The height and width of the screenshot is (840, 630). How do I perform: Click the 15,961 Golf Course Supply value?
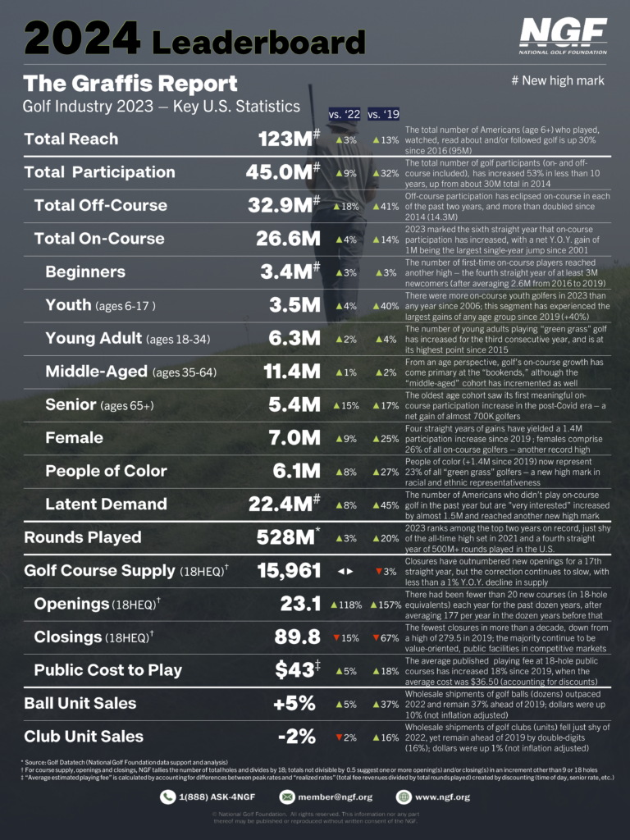(287, 570)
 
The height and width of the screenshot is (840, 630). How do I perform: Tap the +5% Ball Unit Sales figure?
(294, 703)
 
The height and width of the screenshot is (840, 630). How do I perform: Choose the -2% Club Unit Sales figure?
(296, 737)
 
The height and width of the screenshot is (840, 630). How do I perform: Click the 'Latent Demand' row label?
(106, 504)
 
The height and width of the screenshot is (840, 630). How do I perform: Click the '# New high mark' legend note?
(557, 80)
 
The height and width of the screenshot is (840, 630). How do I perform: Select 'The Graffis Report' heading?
(130, 84)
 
